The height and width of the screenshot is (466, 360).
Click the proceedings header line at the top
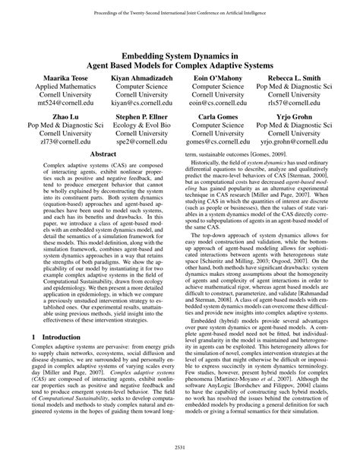[180, 7]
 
